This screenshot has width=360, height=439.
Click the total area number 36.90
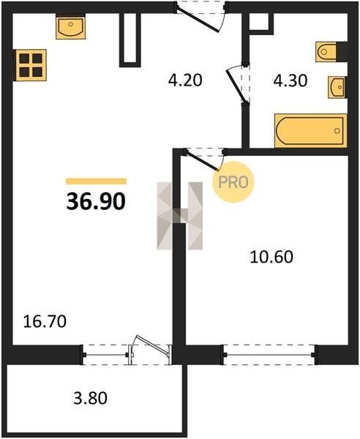point(96,202)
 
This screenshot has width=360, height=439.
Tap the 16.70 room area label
point(45,321)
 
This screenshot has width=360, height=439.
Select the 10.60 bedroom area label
point(271,257)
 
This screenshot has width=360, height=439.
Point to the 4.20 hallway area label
point(185,80)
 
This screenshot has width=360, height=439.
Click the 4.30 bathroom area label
point(290,80)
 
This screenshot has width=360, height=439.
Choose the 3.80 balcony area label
point(90,398)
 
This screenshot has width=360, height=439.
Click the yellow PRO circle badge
point(233,182)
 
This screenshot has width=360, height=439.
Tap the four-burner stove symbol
point(30,65)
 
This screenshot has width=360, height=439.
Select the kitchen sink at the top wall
point(70,27)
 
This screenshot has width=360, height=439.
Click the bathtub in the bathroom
point(311,131)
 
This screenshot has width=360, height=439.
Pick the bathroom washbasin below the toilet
point(337,87)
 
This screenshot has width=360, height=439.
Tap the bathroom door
point(237,84)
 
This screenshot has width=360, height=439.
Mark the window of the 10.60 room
point(269,355)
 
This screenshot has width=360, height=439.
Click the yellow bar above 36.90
point(96,181)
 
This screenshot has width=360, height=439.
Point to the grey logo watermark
point(180,216)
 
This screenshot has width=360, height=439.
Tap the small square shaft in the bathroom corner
point(261,22)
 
